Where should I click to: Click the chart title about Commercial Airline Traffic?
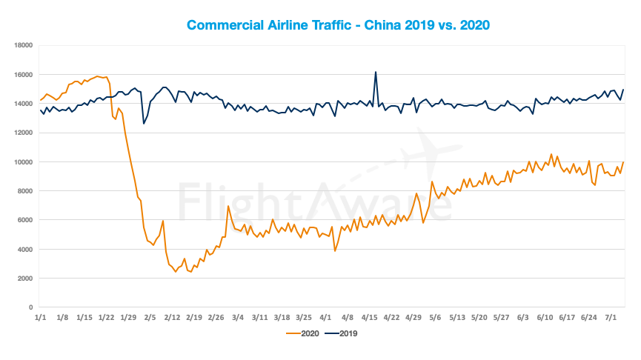[x=338, y=25]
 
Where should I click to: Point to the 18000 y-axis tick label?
[x=23, y=45]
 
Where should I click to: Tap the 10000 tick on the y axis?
[x=23, y=162]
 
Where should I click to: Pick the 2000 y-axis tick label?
[x=25, y=279]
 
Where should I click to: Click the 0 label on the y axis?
[x=31, y=307]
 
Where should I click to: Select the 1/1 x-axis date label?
[x=41, y=317]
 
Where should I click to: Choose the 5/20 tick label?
[x=479, y=317]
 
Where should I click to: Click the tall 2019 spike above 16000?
[x=376, y=73]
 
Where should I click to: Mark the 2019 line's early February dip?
[x=144, y=123]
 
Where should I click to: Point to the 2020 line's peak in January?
[x=98, y=76]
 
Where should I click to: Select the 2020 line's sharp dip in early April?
[x=335, y=251]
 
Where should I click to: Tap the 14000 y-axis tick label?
[x=23, y=104]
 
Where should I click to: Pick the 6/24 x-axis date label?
[x=588, y=317]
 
